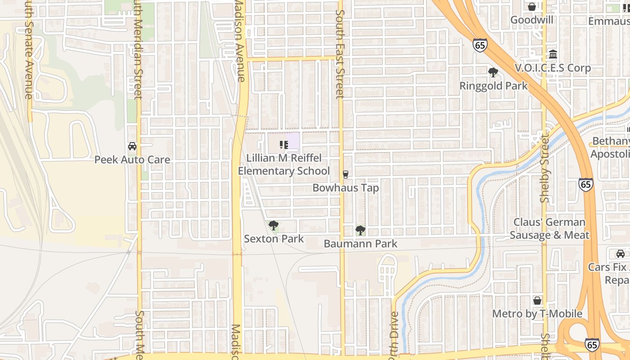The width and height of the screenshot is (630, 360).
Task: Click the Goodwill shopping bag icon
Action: tap(532, 7)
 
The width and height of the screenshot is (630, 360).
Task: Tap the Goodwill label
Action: tap(532, 20)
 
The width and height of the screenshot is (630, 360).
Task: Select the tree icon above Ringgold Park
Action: tap(493, 72)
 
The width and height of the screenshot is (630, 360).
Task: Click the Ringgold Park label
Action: tap(493, 86)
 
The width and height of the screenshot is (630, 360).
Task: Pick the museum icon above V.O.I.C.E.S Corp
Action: tap(553, 54)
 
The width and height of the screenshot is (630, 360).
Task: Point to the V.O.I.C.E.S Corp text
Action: tap(553, 68)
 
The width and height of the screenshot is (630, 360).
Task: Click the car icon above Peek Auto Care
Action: tap(132, 146)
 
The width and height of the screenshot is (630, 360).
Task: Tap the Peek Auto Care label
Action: tap(132, 160)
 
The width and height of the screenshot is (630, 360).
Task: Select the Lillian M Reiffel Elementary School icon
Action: tap(283, 145)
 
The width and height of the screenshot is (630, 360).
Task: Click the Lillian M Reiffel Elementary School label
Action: tap(283, 165)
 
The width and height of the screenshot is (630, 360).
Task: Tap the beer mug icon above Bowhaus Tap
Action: tap(346, 174)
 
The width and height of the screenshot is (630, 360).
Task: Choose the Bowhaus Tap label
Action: tap(346, 188)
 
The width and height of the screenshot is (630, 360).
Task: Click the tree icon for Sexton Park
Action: tap(273, 225)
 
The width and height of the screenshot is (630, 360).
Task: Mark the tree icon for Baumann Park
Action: tap(360, 230)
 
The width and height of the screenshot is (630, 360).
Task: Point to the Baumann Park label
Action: tap(360, 244)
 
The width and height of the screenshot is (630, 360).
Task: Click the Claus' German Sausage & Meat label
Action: tap(549, 229)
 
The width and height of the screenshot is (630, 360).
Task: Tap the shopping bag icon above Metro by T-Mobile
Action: tap(537, 301)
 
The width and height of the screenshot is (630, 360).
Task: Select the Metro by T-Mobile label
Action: tap(537, 314)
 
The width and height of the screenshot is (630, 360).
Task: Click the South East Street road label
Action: tap(340, 54)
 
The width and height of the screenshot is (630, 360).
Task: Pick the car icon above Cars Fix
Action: tap(621, 254)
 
